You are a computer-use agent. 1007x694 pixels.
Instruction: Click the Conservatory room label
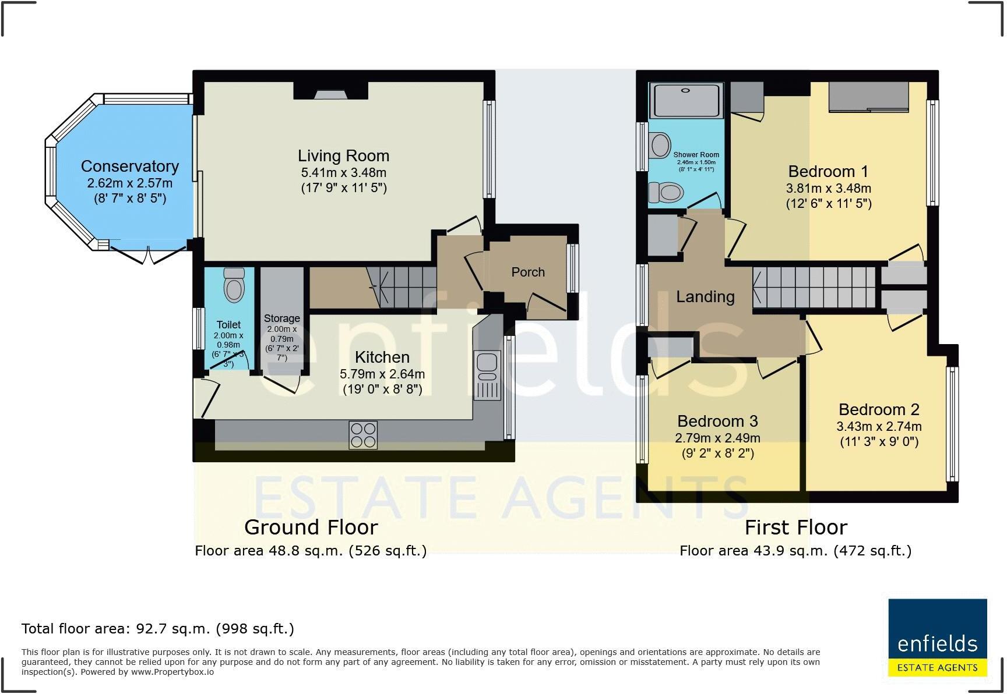click(x=130, y=167)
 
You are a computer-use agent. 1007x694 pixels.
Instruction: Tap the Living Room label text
click(x=343, y=156)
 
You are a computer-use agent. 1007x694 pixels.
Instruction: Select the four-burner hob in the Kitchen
click(x=363, y=435)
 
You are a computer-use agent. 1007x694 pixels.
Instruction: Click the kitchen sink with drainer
click(x=487, y=375)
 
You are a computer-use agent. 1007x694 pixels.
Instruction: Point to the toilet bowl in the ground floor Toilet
click(x=234, y=285)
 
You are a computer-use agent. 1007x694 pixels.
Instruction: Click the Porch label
click(x=528, y=272)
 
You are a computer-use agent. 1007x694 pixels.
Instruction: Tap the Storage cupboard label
click(x=282, y=318)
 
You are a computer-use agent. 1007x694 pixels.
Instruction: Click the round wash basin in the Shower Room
click(x=661, y=146)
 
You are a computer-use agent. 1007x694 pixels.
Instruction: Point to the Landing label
click(x=705, y=297)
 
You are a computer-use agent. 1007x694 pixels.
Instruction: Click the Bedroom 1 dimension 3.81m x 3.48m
click(x=829, y=189)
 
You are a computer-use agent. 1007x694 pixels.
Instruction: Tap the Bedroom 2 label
click(x=879, y=410)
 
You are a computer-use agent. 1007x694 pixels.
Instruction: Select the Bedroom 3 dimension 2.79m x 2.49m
click(x=718, y=438)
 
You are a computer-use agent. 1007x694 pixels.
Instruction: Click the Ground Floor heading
click(x=311, y=527)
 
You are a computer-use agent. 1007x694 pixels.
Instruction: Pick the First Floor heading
click(x=796, y=527)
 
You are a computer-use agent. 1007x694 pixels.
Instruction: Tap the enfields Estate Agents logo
click(x=938, y=646)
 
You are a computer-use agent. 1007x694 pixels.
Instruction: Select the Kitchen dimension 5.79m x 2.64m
click(x=382, y=374)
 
